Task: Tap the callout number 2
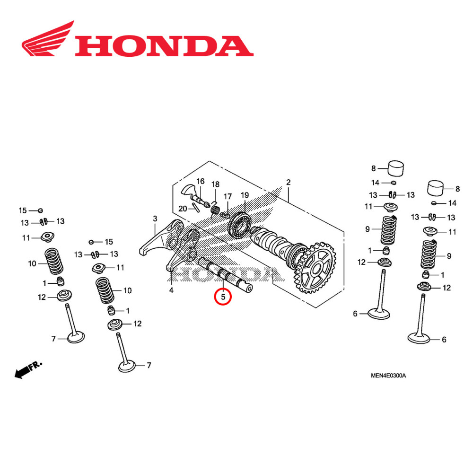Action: coord(288,183)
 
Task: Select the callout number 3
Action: coord(155,219)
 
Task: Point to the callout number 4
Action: coord(171,290)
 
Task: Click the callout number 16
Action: coord(200,182)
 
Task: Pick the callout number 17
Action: coord(228,196)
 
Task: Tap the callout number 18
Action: coord(215,184)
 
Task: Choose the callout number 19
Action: coord(245,195)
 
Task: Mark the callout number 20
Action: coord(183,209)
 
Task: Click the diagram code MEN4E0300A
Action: coord(388,376)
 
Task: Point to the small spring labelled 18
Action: coord(215,208)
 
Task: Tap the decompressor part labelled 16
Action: coord(194,194)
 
